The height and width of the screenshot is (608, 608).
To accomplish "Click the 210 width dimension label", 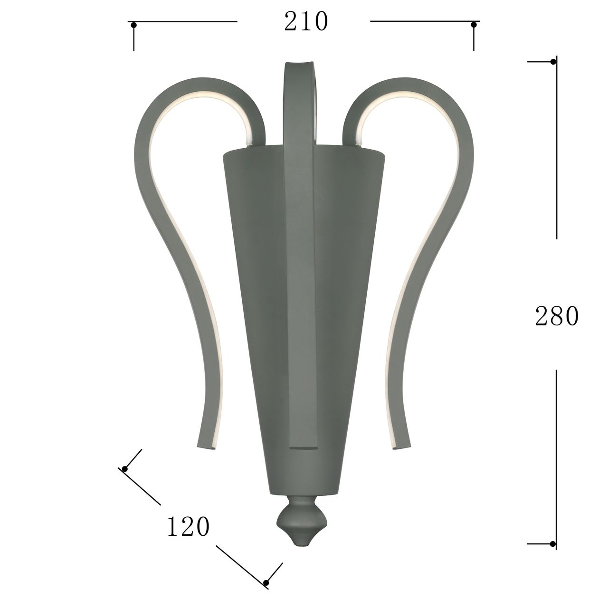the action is pyautogui.click(x=306, y=22).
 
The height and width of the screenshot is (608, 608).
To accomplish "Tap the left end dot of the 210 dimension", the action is pyautogui.click(x=134, y=25).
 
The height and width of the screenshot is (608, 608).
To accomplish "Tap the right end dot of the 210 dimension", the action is pyautogui.click(x=474, y=25).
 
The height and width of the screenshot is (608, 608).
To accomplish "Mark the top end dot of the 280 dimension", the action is pyautogui.click(x=553, y=62).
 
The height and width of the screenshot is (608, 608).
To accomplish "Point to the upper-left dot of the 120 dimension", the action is pyautogui.click(x=124, y=469).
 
